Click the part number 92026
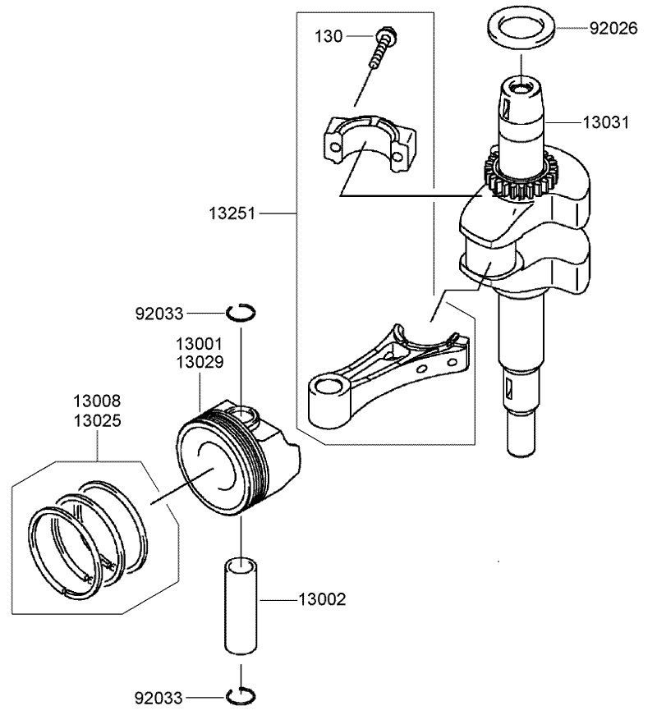612,28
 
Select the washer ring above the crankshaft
521,24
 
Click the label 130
329,36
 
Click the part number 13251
232,213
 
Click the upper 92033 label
159,313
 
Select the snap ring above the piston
242,311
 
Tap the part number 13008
96,401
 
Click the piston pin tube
241,607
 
